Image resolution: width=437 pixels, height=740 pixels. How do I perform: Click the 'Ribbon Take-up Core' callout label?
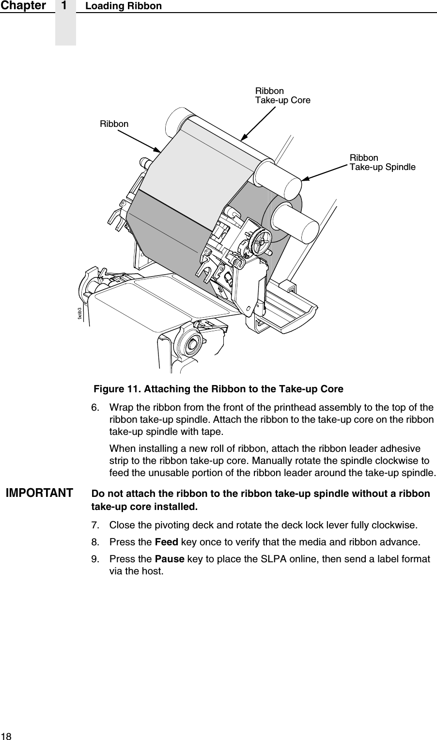(282, 96)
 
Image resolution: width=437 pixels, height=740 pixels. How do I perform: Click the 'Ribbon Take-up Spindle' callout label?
(382, 163)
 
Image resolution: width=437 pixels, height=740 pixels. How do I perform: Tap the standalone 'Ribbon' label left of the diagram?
(114, 124)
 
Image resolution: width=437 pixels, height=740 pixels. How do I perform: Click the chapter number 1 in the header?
(65, 6)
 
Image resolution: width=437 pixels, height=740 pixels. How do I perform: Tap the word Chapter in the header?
(23, 6)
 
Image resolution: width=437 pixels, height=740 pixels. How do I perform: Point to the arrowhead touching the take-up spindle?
(305, 178)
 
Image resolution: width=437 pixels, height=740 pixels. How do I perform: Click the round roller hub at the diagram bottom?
(191, 344)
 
